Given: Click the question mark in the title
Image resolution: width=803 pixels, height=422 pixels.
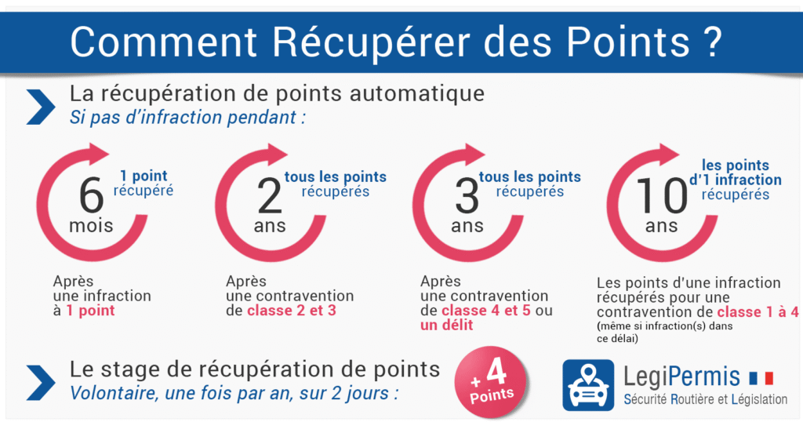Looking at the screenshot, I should point(710,42).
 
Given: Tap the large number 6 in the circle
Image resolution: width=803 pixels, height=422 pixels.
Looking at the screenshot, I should point(91,196).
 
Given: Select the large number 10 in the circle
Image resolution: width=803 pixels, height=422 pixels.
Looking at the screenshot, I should point(661,196).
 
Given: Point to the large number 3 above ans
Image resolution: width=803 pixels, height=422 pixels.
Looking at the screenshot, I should point(467,196).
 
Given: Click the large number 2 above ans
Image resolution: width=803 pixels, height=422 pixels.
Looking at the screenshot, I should point(270,196).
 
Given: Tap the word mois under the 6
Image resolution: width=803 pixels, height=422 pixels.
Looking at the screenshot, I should point(91,226).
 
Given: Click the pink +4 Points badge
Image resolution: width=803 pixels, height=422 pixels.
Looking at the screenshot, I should point(492,381).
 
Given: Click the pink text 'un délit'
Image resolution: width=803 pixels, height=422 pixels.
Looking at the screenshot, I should point(447,324).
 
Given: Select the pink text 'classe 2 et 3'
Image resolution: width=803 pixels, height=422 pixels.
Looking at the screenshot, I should point(292,311).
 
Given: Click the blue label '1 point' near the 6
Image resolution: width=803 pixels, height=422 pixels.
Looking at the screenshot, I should point(144,176).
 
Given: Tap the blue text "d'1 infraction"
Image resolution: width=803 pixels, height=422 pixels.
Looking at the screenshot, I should point(735,180).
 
